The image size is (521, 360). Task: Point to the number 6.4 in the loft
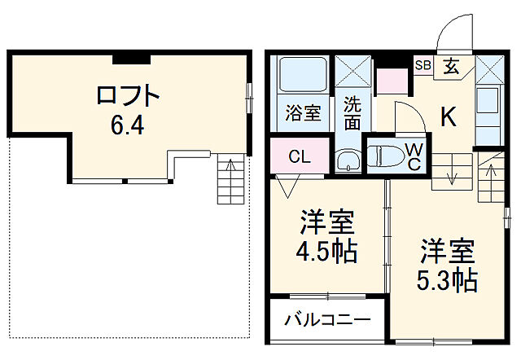click(127, 127)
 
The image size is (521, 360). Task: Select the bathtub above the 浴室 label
click(303, 75)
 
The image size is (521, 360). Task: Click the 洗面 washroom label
click(351, 113)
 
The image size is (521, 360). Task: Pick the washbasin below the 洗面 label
click(349, 160)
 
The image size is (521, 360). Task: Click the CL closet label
click(299, 157)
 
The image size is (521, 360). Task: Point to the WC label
click(414, 156)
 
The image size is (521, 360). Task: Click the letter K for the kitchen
click(448, 117)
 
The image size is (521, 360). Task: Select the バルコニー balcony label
click(327, 320)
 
